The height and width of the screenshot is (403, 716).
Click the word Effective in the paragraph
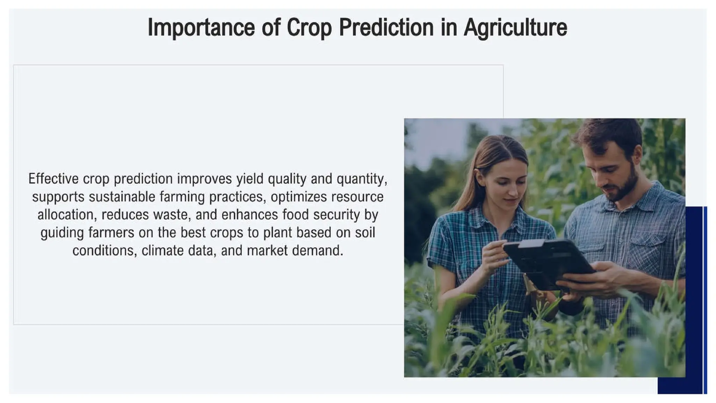click(x=53, y=179)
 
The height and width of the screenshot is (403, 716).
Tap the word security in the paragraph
click(x=336, y=214)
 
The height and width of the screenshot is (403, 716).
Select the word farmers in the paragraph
click(x=111, y=233)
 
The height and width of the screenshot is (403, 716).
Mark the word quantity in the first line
click(x=361, y=179)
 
